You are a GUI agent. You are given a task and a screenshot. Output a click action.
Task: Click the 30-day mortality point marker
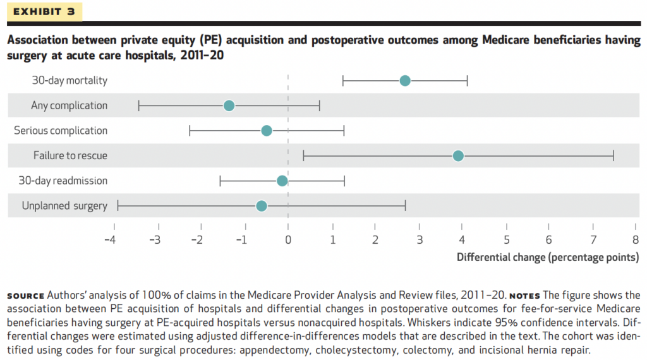pyautogui.click(x=405, y=80)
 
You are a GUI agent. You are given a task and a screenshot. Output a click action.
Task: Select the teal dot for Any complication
pyautogui.click(x=229, y=105)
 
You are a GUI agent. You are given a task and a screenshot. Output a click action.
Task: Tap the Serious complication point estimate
pyautogui.click(x=267, y=131)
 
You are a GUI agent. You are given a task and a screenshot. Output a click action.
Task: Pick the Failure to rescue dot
pyautogui.click(x=458, y=155)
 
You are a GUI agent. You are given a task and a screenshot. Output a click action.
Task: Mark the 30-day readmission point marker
pyautogui.click(x=282, y=181)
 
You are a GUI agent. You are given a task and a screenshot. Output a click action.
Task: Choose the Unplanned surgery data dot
pyautogui.click(x=262, y=206)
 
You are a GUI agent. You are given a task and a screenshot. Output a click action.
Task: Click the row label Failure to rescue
pyautogui.click(x=70, y=155)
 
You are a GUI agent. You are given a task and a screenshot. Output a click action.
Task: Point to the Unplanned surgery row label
pyautogui.click(x=64, y=206)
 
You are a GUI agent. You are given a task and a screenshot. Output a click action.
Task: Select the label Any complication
pyautogui.click(x=69, y=105)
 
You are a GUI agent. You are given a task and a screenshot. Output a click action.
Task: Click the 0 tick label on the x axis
pyautogui.click(x=288, y=240)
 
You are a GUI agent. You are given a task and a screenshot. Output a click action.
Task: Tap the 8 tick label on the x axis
pyautogui.click(x=636, y=240)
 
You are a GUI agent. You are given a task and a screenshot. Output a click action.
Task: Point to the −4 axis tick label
pyautogui.click(x=110, y=240)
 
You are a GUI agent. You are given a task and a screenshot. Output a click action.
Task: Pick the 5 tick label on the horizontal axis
pyautogui.click(x=505, y=240)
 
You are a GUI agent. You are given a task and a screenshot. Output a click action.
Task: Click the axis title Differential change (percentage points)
pyautogui.click(x=547, y=258)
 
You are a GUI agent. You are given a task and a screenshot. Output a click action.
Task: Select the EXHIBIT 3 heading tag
pyautogui.click(x=44, y=12)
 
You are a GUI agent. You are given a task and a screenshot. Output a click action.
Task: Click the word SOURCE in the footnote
pyautogui.click(x=26, y=296)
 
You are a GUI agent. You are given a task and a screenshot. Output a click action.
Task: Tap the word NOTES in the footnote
pyautogui.click(x=524, y=296)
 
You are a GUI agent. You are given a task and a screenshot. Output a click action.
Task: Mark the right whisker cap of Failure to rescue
pyautogui.click(x=614, y=155)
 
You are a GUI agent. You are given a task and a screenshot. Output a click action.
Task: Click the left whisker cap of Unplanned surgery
pyautogui.click(x=118, y=206)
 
